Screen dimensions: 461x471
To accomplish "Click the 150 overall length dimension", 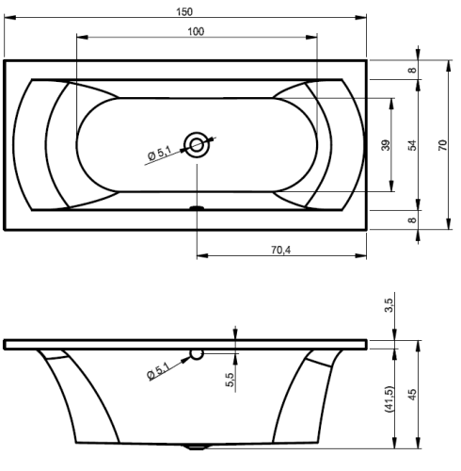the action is (x=184, y=12).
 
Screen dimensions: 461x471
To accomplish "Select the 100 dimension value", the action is (x=196, y=32).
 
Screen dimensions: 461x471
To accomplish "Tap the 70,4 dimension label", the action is (x=281, y=250).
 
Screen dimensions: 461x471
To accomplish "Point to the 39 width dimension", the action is (x=386, y=145).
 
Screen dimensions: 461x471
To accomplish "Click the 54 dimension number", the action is (x=413, y=145).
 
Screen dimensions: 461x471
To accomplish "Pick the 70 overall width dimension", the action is (x=442, y=145).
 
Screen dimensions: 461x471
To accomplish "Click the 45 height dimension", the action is (x=413, y=395).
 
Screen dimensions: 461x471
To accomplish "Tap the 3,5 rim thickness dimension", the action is (x=389, y=305).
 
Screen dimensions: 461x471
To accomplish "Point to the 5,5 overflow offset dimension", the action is (x=230, y=380).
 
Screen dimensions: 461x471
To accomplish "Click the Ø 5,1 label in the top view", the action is (x=159, y=154).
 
